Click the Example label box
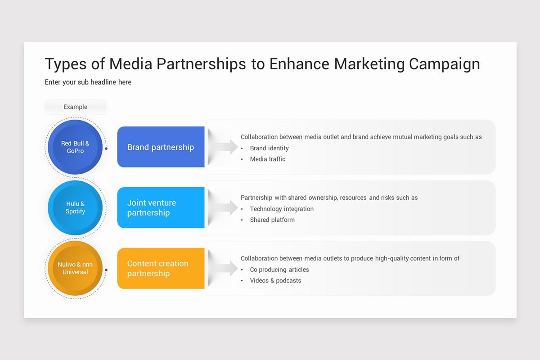[75, 107]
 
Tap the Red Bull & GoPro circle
[75, 147]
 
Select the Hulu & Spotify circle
[75, 207]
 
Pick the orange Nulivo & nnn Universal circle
[75, 268]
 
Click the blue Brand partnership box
[161, 147]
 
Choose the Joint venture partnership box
[161, 207]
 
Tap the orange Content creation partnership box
[161, 268]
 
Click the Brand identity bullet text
[269, 148]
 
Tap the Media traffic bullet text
[267, 159]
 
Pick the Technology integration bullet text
[282, 209]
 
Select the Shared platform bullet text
[272, 220]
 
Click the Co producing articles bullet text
[279, 270]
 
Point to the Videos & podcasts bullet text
[275, 280]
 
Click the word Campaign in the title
[444, 64]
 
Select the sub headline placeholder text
[88, 82]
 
